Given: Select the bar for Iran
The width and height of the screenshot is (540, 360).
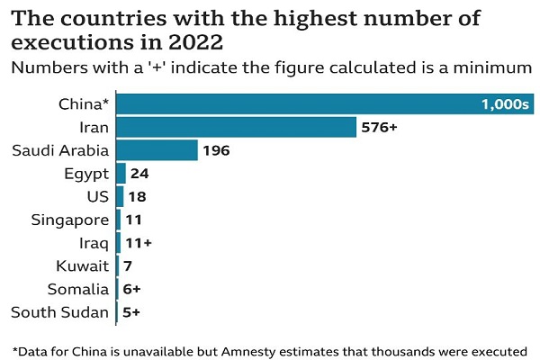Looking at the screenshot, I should click(237, 127).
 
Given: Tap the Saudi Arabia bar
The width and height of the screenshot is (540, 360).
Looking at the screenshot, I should click(157, 150).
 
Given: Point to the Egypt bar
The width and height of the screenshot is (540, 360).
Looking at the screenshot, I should click(121, 174).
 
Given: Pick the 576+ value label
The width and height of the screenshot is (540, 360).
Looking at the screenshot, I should click(379, 127).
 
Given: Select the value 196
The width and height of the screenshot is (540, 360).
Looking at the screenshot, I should click(217, 150).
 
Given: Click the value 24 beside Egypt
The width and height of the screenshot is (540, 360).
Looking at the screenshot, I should click(139, 174).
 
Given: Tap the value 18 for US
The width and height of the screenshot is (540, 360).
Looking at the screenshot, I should click(137, 196).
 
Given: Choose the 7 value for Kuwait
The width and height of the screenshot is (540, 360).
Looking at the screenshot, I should click(127, 266).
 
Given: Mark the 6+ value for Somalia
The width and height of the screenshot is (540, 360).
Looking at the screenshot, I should click(131, 290).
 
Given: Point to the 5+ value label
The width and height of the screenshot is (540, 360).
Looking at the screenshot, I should click(131, 313).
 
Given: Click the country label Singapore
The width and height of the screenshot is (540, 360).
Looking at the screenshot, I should click(70, 220).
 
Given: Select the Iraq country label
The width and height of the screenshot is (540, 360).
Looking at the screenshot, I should click(94, 243).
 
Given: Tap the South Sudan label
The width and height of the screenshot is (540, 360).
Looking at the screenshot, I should click(59, 313).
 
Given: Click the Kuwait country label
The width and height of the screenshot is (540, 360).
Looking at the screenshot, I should click(82, 266).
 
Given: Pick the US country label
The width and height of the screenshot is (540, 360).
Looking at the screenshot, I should click(97, 196).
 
